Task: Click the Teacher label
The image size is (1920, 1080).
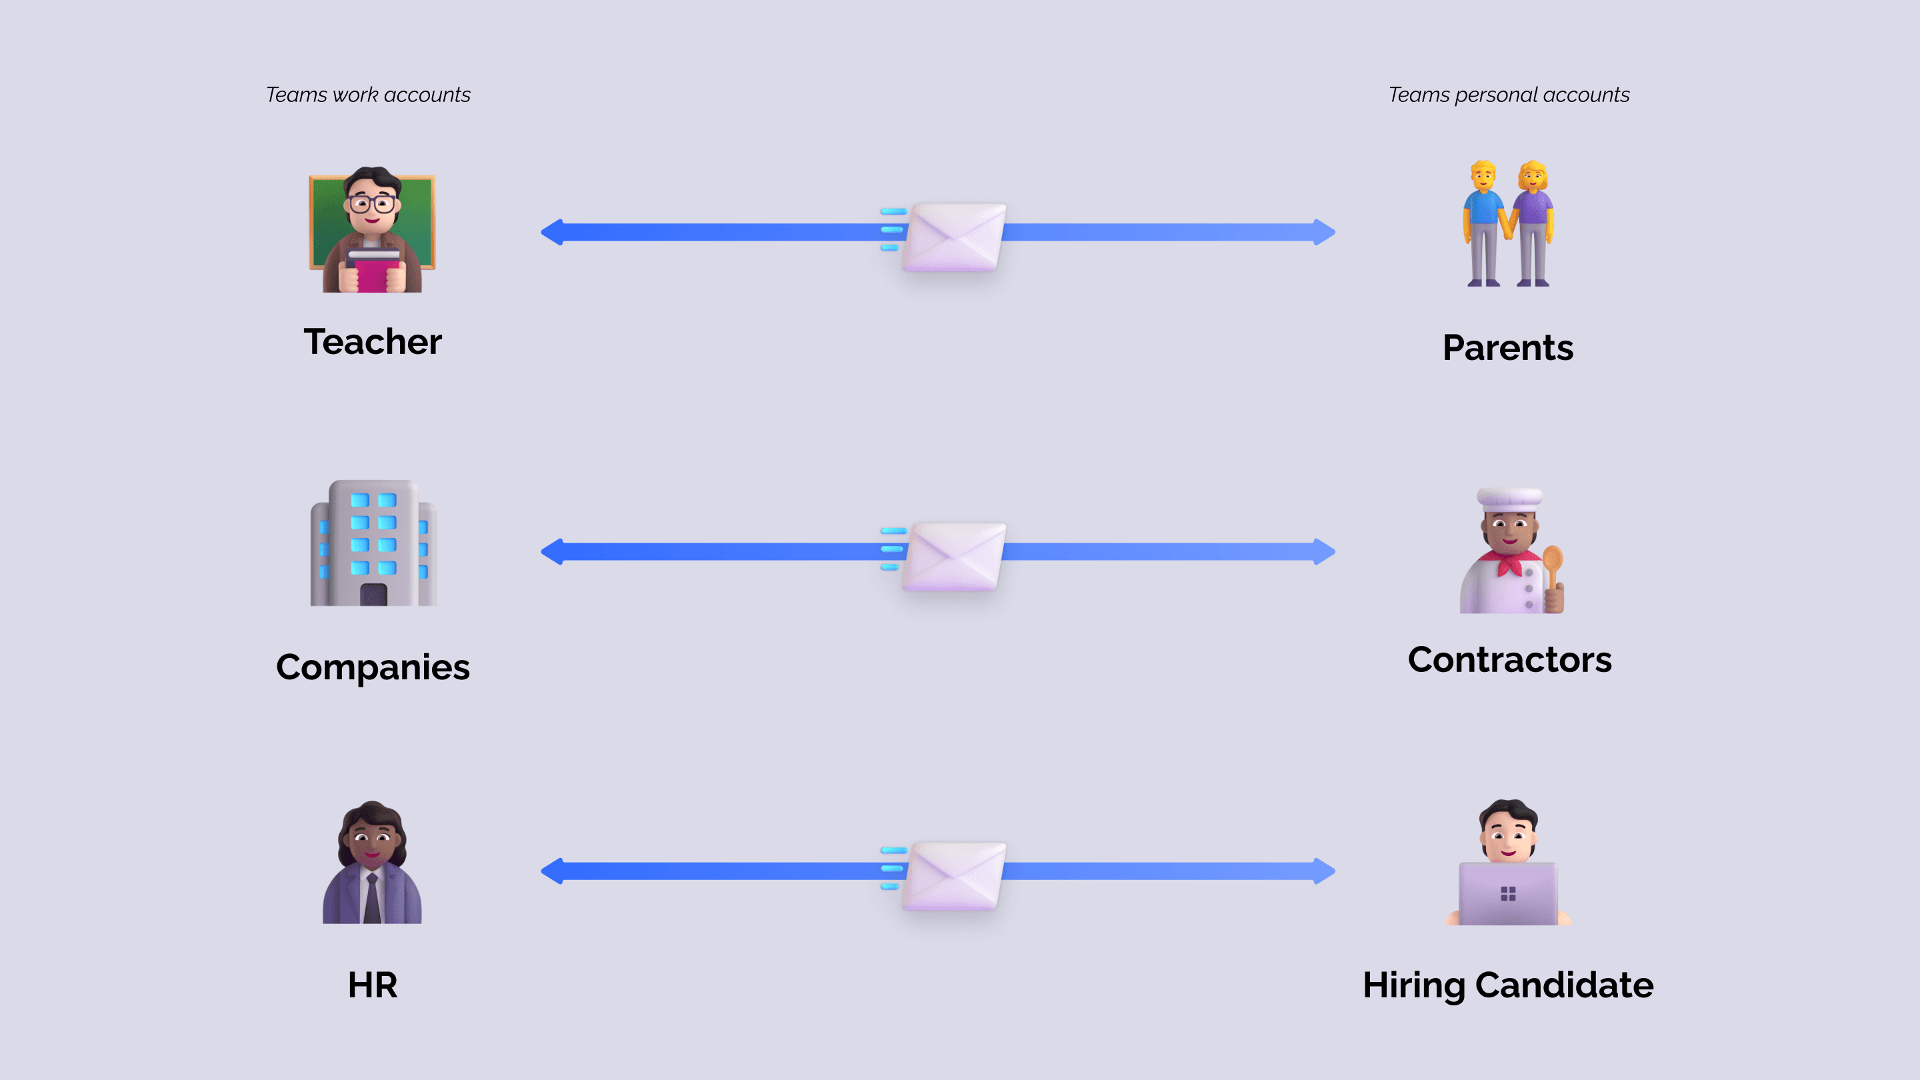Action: [x=373, y=342]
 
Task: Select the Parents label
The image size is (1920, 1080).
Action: [x=1508, y=348]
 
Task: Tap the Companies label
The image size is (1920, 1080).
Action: [x=373, y=667]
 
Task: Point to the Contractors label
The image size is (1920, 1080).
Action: [x=1509, y=659]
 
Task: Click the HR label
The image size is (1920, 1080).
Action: [x=373, y=985]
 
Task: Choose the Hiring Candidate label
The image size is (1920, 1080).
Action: [x=1508, y=985]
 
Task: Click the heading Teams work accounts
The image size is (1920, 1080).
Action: [x=368, y=95]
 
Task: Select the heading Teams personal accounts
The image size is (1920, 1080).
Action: [x=1509, y=95]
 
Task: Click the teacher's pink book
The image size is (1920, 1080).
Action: [x=373, y=273]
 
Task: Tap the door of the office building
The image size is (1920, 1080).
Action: [x=373, y=594]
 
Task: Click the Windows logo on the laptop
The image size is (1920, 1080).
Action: [x=1508, y=893]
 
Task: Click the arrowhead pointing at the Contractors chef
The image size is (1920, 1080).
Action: [x=1324, y=551]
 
